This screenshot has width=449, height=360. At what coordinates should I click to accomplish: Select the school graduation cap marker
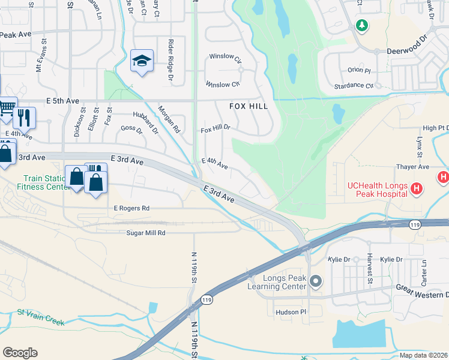click(x=142, y=61)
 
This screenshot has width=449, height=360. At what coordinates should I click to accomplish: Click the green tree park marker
click(x=361, y=25)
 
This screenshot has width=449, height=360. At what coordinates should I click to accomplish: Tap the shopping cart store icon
click(x=7, y=107)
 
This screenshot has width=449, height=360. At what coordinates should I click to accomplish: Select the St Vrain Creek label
click(x=40, y=317)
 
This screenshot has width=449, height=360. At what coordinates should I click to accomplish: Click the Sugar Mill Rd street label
click(x=145, y=232)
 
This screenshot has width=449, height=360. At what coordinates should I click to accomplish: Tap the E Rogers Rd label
click(x=131, y=208)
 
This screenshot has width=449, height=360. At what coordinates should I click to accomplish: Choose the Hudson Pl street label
click(x=291, y=312)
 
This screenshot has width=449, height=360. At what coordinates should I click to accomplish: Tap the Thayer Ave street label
click(x=412, y=167)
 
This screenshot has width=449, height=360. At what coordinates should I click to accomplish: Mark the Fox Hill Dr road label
click(x=215, y=129)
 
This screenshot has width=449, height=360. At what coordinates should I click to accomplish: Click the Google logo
click(x=20, y=353)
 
